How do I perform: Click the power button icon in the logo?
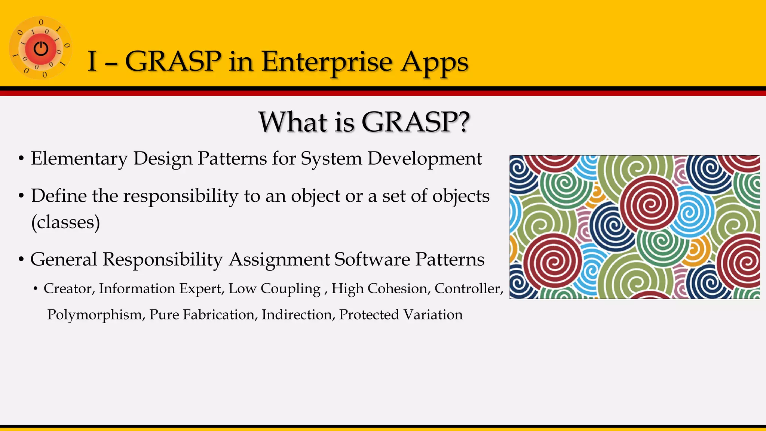(41, 49)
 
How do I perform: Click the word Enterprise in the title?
(327, 62)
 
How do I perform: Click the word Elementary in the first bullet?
(79, 159)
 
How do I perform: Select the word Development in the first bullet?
(425, 159)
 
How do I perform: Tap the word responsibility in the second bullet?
(181, 196)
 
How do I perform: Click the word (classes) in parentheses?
(65, 222)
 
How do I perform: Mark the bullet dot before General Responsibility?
(21, 259)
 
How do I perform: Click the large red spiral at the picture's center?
(649, 204)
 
